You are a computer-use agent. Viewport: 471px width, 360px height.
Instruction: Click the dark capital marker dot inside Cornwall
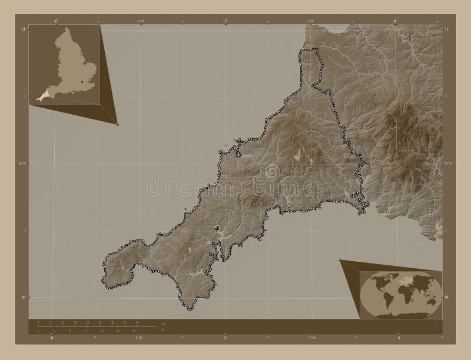217,228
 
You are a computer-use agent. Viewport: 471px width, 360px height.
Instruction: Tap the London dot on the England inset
81,82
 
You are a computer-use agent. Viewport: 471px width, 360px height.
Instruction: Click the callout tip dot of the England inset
117,124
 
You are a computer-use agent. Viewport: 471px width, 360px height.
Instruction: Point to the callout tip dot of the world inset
340,259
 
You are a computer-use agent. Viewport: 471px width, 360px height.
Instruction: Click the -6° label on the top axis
56,21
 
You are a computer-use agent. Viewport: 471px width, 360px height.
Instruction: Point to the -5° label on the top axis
225,21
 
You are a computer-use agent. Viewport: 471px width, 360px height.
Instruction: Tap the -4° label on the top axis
394,21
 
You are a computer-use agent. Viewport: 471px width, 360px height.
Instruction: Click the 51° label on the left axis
24,28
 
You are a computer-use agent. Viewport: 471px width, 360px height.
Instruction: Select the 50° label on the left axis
24,298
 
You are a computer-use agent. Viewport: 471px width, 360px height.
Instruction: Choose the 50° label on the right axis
446,298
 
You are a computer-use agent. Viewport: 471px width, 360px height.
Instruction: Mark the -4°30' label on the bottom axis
310,338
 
